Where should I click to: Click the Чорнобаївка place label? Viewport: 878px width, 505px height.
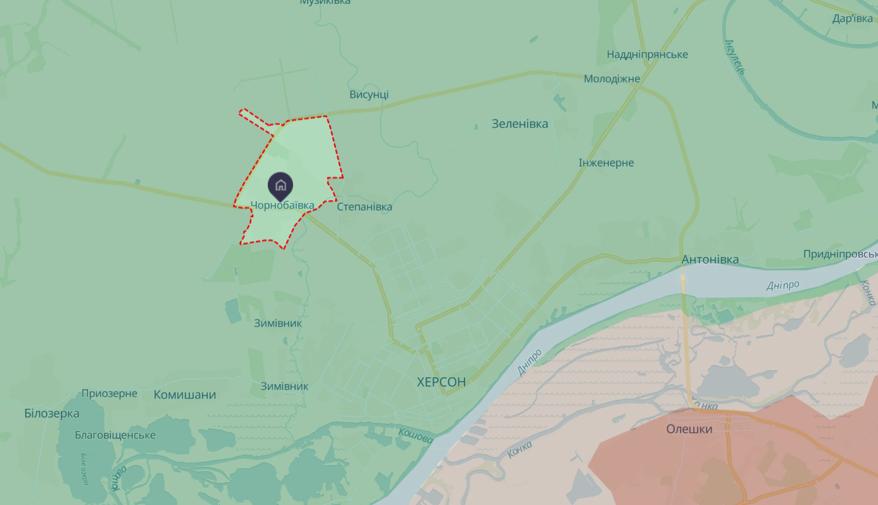(282, 206)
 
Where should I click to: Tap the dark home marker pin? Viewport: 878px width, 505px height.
(280, 185)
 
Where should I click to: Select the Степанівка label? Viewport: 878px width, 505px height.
(365, 207)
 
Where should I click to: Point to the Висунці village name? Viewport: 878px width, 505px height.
(369, 95)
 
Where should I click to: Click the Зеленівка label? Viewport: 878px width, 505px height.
(520, 123)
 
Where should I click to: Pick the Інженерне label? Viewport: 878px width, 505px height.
(606, 163)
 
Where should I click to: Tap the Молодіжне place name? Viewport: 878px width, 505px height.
(611, 79)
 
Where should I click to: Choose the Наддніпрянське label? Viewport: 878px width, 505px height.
(647, 54)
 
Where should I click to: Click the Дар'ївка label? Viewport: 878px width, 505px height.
(852, 18)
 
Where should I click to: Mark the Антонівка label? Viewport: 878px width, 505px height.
(710, 260)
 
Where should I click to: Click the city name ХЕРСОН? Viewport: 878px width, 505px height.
(441, 382)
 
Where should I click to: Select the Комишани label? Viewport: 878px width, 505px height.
(185, 395)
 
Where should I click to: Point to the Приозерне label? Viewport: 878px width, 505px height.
(110, 394)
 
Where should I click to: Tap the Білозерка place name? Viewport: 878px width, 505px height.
(52, 414)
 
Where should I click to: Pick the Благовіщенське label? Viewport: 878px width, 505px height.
(115, 435)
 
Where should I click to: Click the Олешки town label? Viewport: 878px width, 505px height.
(689, 429)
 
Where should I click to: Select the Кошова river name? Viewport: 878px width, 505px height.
(416, 436)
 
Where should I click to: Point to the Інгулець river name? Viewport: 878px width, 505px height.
(734, 57)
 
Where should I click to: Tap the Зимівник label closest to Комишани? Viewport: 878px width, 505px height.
(284, 386)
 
